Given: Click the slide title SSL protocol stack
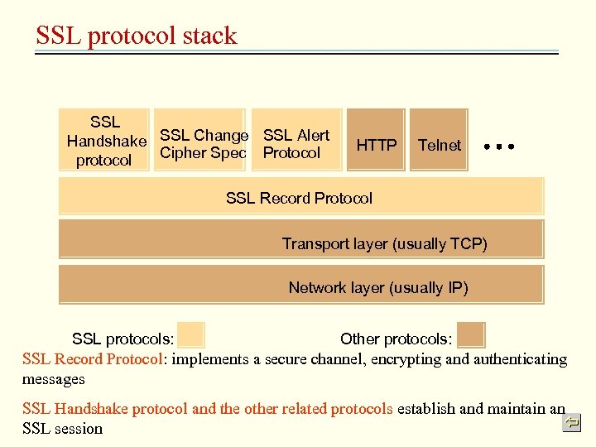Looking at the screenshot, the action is point(137,36).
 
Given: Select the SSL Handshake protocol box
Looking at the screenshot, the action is point(104,141).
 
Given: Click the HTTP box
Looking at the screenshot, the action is point(377,144).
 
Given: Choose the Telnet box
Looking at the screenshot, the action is point(440,144).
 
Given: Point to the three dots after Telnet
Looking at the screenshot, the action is point(499,146).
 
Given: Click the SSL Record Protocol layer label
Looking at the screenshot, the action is point(299,198).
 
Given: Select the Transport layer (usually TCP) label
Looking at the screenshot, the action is point(384,243).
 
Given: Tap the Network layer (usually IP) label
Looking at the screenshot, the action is point(378,287).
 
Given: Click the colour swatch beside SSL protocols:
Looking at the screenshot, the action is point(191,334).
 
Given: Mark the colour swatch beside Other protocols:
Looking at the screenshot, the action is point(471,334).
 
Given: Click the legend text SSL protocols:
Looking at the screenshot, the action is point(123,339).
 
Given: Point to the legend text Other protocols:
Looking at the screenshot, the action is point(396,339).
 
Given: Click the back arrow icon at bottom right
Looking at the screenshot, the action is point(572,423).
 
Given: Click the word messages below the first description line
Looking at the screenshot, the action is point(54,378).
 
